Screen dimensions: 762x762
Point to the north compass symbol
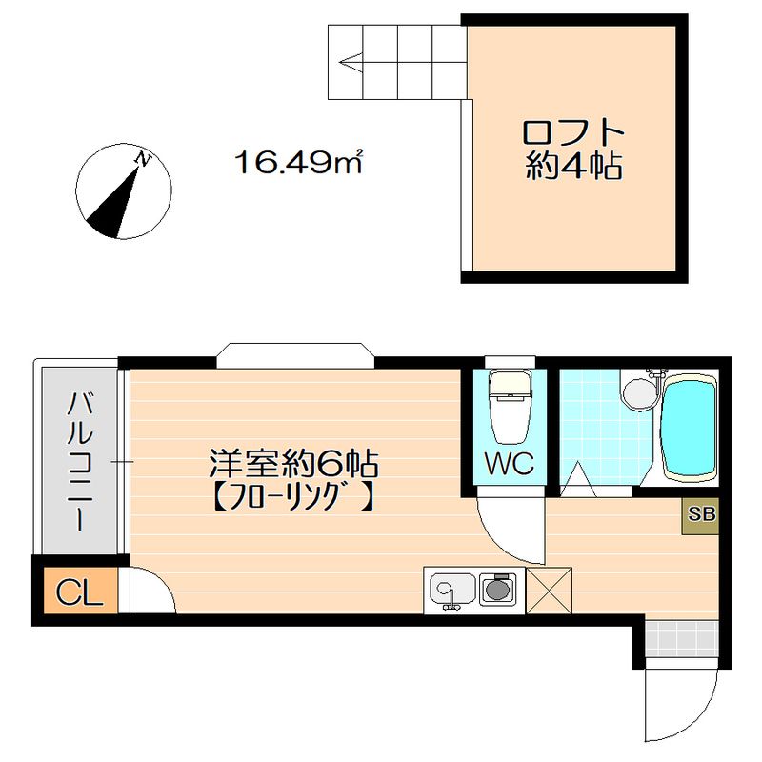point(124,191)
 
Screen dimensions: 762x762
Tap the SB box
point(702,514)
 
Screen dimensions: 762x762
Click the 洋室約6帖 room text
point(294,465)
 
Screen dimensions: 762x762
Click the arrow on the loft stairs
point(350,66)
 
